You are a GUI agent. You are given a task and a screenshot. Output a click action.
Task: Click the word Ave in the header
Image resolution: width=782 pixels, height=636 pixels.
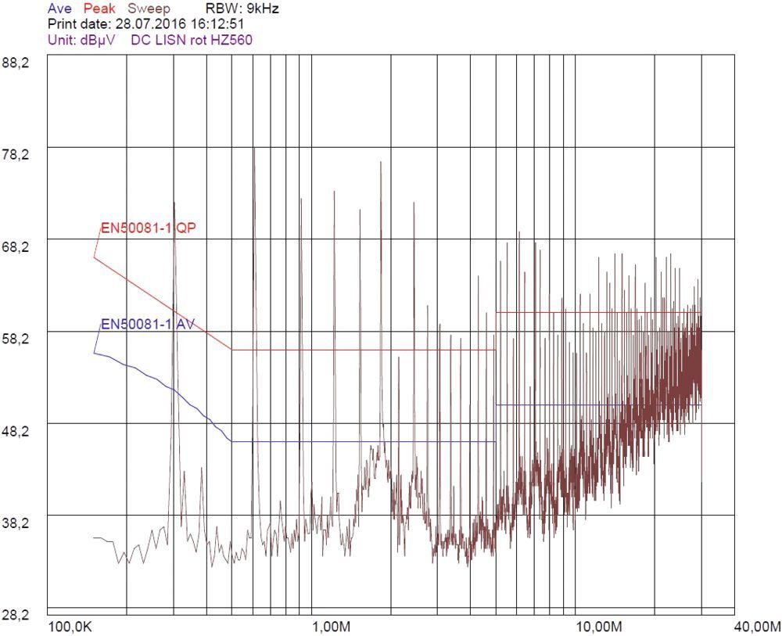60,9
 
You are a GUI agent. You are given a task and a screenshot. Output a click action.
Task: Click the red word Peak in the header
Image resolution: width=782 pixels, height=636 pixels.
99,9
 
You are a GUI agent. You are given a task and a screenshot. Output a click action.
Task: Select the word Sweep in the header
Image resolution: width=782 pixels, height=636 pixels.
149,9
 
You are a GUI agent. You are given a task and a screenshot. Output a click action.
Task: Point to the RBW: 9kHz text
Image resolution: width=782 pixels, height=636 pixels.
242,9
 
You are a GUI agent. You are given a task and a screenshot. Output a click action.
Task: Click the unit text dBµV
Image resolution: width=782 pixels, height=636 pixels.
96,39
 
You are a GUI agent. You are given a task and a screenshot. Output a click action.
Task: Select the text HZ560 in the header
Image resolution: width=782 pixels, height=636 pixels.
235,39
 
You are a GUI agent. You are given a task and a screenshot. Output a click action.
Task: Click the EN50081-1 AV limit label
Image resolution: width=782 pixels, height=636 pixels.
147,325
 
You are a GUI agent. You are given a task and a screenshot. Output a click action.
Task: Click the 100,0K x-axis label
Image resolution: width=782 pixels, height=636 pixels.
72,627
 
